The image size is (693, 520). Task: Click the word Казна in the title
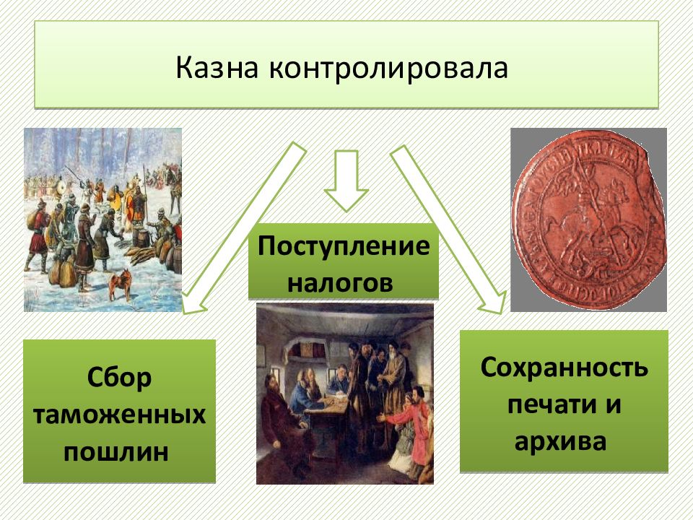(x=217, y=68)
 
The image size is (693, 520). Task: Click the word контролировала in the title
(x=388, y=69)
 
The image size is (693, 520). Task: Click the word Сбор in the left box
(x=119, y=378)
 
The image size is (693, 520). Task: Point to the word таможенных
(x=119, y=415)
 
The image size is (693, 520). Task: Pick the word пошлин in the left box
(x=115, y=452)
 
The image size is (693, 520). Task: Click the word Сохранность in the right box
(x=564, y=368)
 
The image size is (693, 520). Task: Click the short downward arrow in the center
(x=346, y=181)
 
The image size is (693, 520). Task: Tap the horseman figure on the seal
(x=588, y=212)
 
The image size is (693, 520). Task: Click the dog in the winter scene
(x=121, y=283)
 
